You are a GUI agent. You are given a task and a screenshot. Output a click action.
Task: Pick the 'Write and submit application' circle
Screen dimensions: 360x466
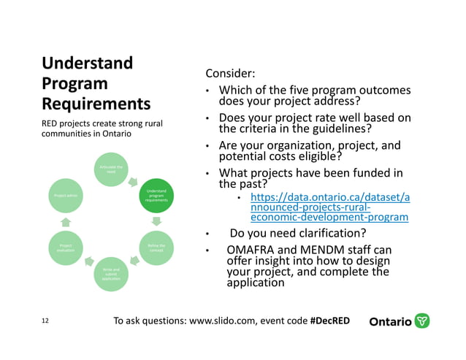click(x=110, y=275)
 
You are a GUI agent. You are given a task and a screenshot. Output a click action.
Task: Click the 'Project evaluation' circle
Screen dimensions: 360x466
click(x=65, y=249)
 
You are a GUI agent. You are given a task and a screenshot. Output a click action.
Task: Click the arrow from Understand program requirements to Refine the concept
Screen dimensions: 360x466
click(x=156, y=222)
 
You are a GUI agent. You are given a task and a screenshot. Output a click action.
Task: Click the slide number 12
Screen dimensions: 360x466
click(x=45, y=321)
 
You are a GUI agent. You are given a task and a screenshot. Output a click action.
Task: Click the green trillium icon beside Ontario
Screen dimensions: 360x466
click(x=422, y=321)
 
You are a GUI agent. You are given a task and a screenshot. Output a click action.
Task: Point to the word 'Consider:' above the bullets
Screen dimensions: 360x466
click(x=230, y=74)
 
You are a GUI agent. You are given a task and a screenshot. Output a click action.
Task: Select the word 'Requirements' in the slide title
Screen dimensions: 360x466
click(x=96, y=103)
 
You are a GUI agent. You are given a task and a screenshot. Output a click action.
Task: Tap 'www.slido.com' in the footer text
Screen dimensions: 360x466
click(x=215, y=321)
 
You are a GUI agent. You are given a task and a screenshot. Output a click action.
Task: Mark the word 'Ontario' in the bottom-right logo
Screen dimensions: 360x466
click(x=391, y=322)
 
